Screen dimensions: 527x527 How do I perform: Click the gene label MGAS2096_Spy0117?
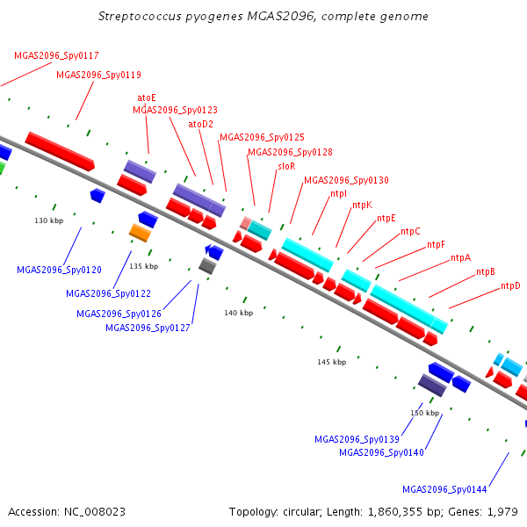click(x=56, y=55)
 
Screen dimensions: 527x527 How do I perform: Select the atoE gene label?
click(x=147, y=97)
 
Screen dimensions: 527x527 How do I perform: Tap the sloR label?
click(x=286, y=166)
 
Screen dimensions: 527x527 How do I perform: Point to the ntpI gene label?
click(x=338, y=193)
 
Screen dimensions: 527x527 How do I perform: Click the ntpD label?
click(x=510, y=285)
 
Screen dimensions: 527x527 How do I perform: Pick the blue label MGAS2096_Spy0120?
click(x=59, y=270)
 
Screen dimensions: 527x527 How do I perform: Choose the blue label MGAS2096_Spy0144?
click(x=444, y=489)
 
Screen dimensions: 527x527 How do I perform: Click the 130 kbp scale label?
click(x=48, y=220)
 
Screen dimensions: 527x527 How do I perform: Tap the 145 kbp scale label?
click(x=332, y=362)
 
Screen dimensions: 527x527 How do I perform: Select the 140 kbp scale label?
click(x=239, y=313)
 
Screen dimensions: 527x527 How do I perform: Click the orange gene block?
click(x=140, y=233)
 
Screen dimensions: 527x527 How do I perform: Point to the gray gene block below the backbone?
click(x=207, y=266)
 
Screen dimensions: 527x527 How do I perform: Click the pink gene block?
click(x=246, y=223)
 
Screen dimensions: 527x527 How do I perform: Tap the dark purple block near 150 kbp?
click(x=432, y=385)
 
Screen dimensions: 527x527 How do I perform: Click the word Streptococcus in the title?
click(x=140, y=17)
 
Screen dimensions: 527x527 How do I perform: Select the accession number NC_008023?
click(x=95, y=512)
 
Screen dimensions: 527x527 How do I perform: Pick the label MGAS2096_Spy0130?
click(x=347, y=180)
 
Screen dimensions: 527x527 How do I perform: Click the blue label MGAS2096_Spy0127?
click(x=148, y=328)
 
